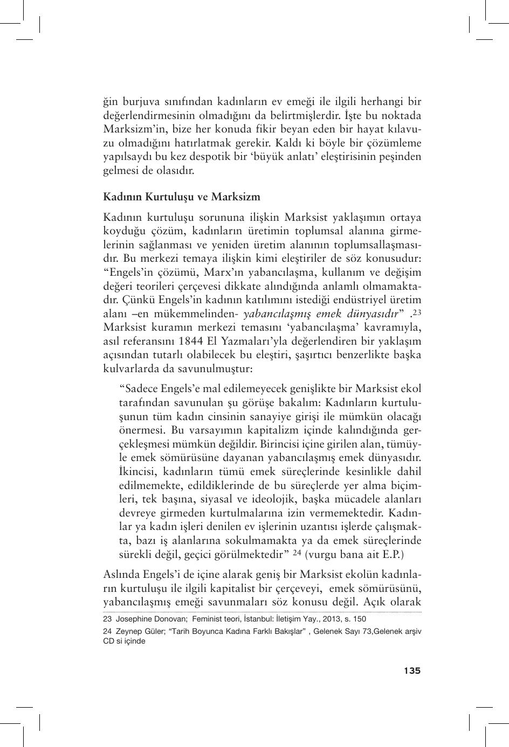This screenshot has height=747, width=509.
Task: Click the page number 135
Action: coord(412,671)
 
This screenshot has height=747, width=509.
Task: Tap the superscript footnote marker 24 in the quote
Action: coord(296,553)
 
